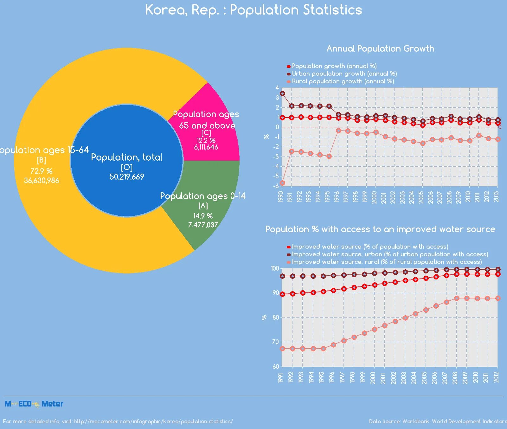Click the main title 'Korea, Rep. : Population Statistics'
point(253,10)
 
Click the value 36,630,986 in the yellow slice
point(42,181)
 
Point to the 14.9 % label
point(203,216)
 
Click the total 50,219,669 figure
point(127,177)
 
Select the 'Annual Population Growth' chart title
point(380,48)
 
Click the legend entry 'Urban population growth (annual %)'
point(344,74)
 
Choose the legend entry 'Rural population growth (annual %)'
point(343,81)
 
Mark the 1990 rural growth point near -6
point(282,183)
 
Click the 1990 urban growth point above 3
point(282,93)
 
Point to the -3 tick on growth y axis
point(277,157)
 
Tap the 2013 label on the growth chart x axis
point(496,196)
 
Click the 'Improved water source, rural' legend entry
point(387,262)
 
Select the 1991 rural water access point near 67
point(282,349)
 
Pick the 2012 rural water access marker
point(498,298)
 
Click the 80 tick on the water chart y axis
point(276,317)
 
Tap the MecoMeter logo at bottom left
point(34,404)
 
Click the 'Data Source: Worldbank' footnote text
point(437,421)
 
